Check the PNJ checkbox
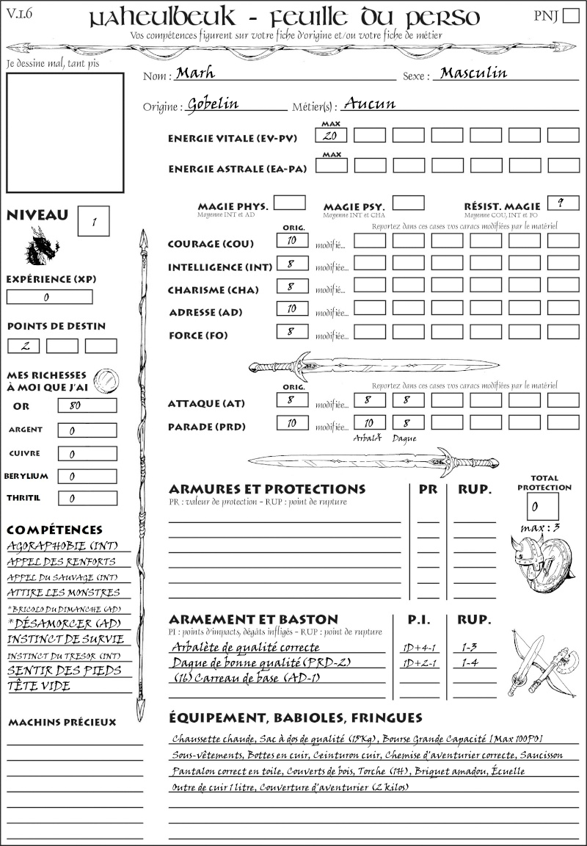pyautogui.click(x=570, y=17)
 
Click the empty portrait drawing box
pyautogui.click(x=65, y=131)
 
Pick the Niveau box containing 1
pyautogui.click(x=95, y=220)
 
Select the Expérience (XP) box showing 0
pyautogui.click(x=50, y=297)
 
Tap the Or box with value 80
pyautogui.click(x=87, y=405)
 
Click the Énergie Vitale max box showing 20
pyautogui.click(x=331, y=135)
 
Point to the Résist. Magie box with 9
pyautogui.click(x=561, y=203)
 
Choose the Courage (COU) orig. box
pyautogui.click(x=292, y=240)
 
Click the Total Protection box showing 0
pyautogui.click(x=542, y=506)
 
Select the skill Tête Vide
pyautogui.click(x=39, y=686)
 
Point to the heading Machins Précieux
pyautogui.click(x=62, y=723)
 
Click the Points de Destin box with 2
pyautogui.click(x=23, y=346)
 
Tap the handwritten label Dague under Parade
pyautogui.click(x=404, y=438)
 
